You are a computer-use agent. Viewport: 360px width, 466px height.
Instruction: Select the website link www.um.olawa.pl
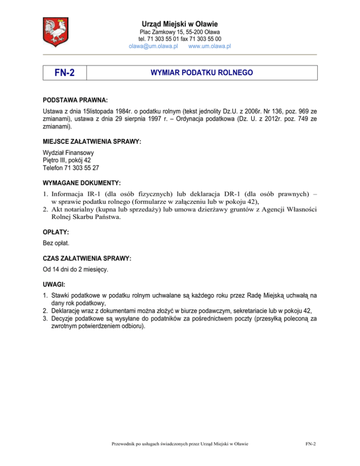point(209,46)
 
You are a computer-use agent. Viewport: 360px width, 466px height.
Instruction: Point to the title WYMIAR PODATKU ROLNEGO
point(202,73)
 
